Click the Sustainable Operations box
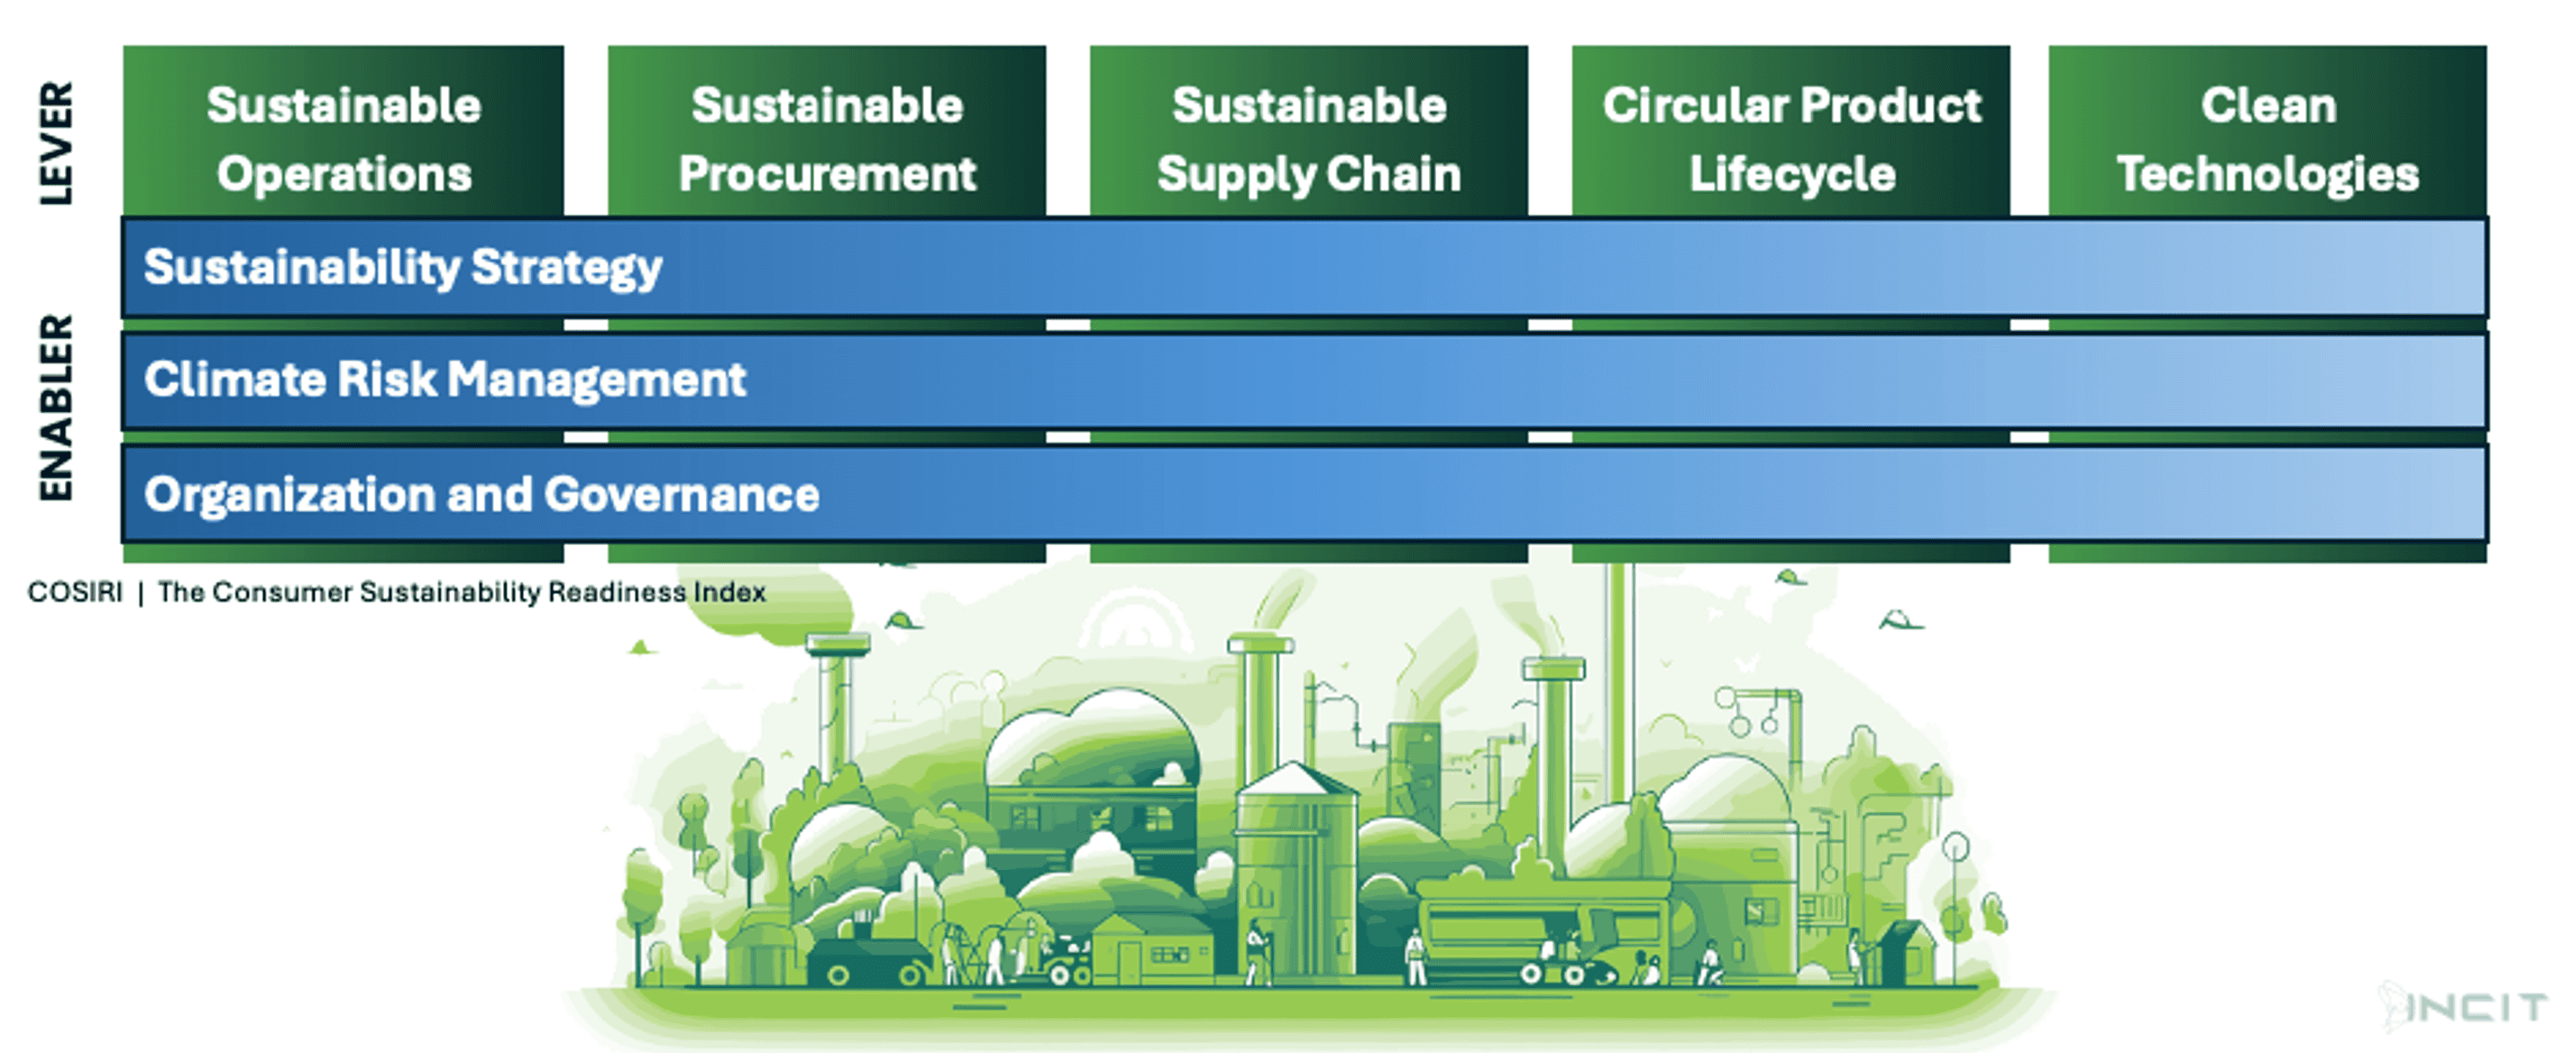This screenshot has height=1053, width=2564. click(x=343, y=134)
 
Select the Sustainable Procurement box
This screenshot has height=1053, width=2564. click(x=827, y=134)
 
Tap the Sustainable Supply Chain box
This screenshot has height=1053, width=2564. click(x=1308, y=134)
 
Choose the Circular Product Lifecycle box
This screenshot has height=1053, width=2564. click(x=1790, y=134)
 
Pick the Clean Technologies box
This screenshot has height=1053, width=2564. click(x=2267, y=134)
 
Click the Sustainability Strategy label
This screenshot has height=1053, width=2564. click(x=402, y=268)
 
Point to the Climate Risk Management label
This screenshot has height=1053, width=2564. click(x=445, y=380)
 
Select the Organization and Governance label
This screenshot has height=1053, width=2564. click(x=481, y=495)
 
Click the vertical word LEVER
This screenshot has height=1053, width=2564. click(x=56, y=143)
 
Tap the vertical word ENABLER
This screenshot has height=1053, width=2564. click(x=56, y=408)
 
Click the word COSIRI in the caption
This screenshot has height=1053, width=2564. click(x=75, y=592)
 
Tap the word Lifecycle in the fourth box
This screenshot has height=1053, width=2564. click(x=1791, y=174)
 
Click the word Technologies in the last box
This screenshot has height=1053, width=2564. click(x=2267, y=174)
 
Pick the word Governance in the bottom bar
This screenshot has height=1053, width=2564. click(x=682, y=495)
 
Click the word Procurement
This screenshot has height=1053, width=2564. click(x=827, y=174)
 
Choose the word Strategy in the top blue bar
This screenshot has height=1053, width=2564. click(x=566, y=268)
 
